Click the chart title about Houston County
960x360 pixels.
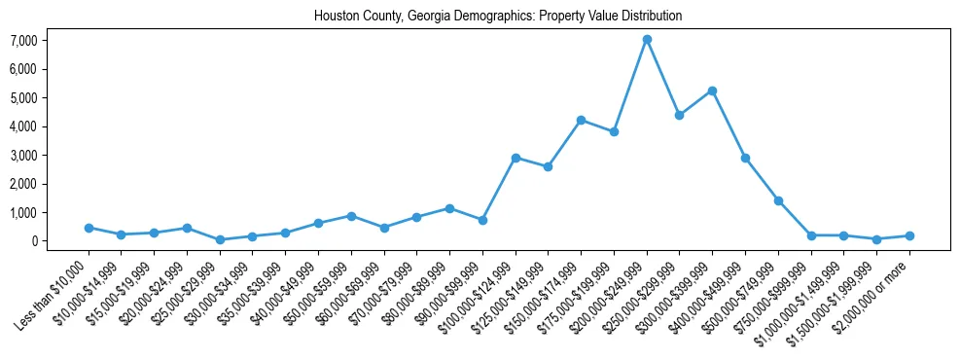click(x=498, y=17)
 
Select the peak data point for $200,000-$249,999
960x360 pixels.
click(x=647, y=39)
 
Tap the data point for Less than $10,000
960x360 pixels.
click(x=89, y=228)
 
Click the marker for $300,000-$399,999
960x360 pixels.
click(x=712, y=90)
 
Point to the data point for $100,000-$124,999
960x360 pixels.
click(x=516, y=158)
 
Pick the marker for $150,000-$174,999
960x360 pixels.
click(x=581, y=120)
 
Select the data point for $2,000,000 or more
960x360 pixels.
click(x=909, y=235)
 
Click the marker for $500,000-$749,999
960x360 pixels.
click(x=778, y=200)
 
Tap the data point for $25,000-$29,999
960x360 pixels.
click(x=220, y=239)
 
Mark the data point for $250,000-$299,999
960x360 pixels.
click(x=680, y=115)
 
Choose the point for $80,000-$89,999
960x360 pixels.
click(x=449, y=208)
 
